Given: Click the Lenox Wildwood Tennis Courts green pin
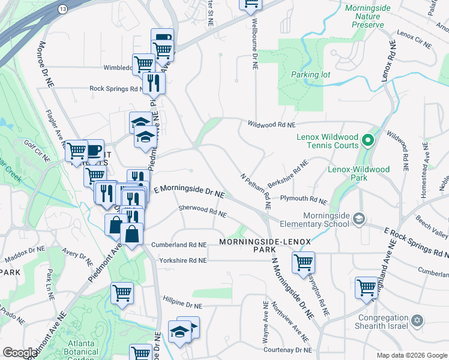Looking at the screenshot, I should click(368, 142).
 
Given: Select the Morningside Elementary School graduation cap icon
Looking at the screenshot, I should click(359, 217).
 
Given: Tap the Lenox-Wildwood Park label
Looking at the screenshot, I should click(358, 174).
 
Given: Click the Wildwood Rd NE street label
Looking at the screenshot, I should click(272, 125).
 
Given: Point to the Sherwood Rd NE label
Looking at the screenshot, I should click(202, 211).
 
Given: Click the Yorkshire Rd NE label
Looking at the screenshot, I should click(182, 260).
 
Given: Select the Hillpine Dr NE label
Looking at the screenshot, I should click(182, 305).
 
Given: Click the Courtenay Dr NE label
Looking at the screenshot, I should click(286, 350).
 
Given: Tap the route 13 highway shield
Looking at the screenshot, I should click(63, 10).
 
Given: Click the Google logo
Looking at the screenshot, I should click(20, 353).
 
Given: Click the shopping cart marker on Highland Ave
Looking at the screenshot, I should click(366, 286).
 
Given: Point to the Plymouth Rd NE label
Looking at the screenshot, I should click(303, 200).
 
